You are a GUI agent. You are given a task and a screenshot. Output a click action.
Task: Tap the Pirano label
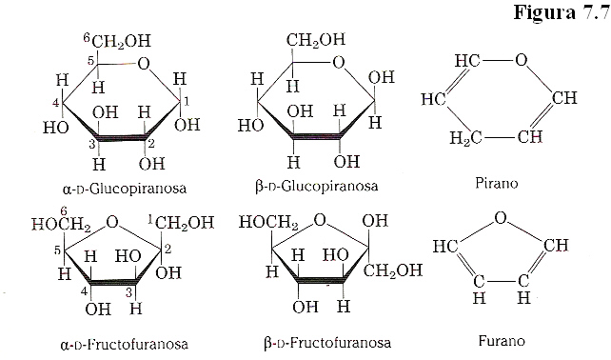[500, 182]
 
